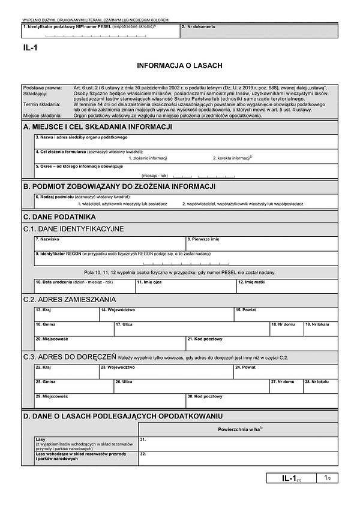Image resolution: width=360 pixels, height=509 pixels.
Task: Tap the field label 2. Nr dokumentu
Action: (197, 27)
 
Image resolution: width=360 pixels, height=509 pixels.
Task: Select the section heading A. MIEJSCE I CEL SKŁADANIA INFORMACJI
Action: (98, 127)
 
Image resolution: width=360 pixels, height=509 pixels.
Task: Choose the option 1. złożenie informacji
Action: (148, 158)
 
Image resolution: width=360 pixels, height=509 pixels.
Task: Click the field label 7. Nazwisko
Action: (46, 239)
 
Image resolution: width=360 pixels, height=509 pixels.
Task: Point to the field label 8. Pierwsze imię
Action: (203, 239)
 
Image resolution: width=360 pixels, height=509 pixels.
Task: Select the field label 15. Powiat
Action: (247, 310)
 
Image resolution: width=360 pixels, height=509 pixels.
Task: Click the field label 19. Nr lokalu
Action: (317, 324)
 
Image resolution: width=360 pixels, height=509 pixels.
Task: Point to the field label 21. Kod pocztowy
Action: (205, 339)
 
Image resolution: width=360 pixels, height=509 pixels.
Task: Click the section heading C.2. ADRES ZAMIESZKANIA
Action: (70, 299)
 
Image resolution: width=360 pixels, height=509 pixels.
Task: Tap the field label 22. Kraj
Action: (43, 368)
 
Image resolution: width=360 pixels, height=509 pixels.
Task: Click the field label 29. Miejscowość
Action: (51, 396)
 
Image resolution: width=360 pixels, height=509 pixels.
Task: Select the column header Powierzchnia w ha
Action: (239, 429)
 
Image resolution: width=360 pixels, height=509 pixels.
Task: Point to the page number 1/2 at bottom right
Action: (327, 478)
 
